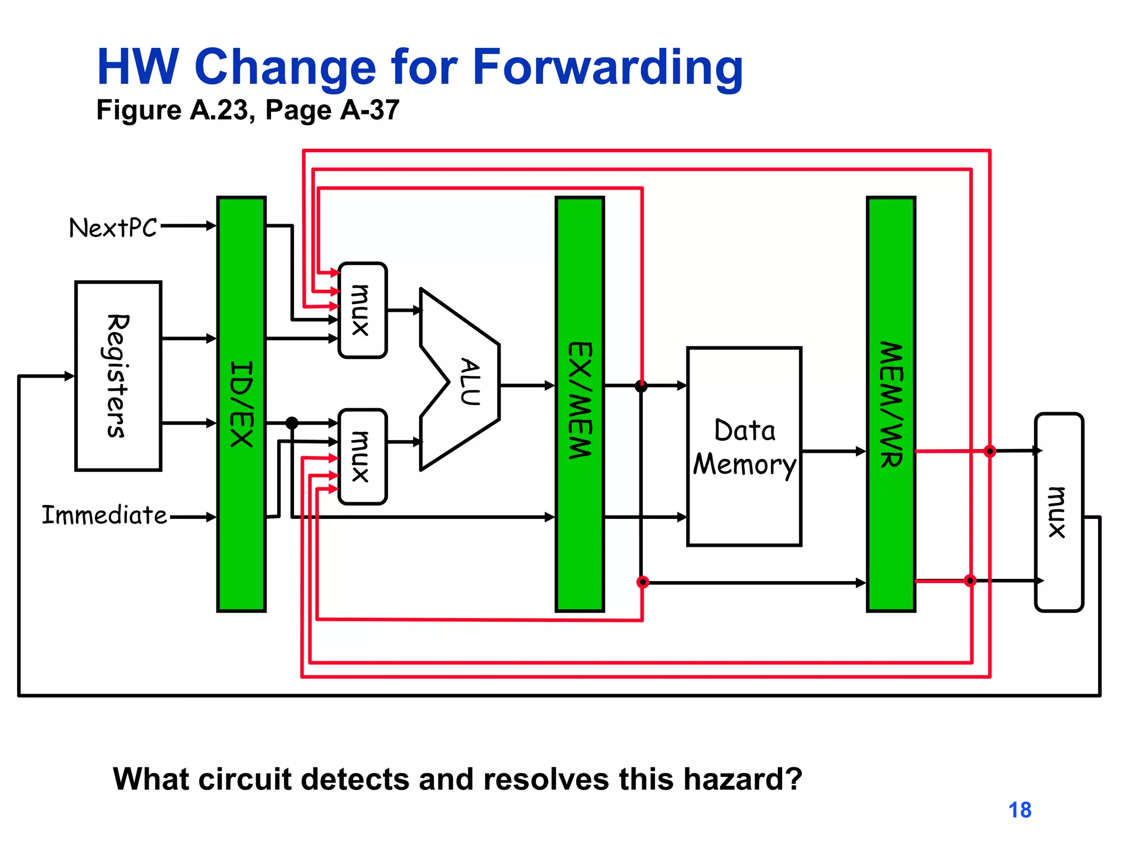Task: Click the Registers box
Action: click(118, 376)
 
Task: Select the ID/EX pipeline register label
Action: click(241, 404)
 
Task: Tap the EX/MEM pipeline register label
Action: click(580, 400)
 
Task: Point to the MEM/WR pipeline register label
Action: click(891, 405)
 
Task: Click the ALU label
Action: click(470, 381)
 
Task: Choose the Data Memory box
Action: click(744, 446)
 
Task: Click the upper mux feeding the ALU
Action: click(362, 310)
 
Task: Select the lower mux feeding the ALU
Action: click(362, 457)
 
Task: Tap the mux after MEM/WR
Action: click(1059, 512)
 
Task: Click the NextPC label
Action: click(113, 227)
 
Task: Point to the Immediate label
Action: click(104, 516)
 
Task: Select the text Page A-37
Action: click(332, 110)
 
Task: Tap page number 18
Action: click(1019, 810)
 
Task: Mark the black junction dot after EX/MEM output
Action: click(641, 386)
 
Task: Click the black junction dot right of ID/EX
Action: click(292, 423)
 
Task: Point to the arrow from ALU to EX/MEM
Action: click(527, 386)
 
